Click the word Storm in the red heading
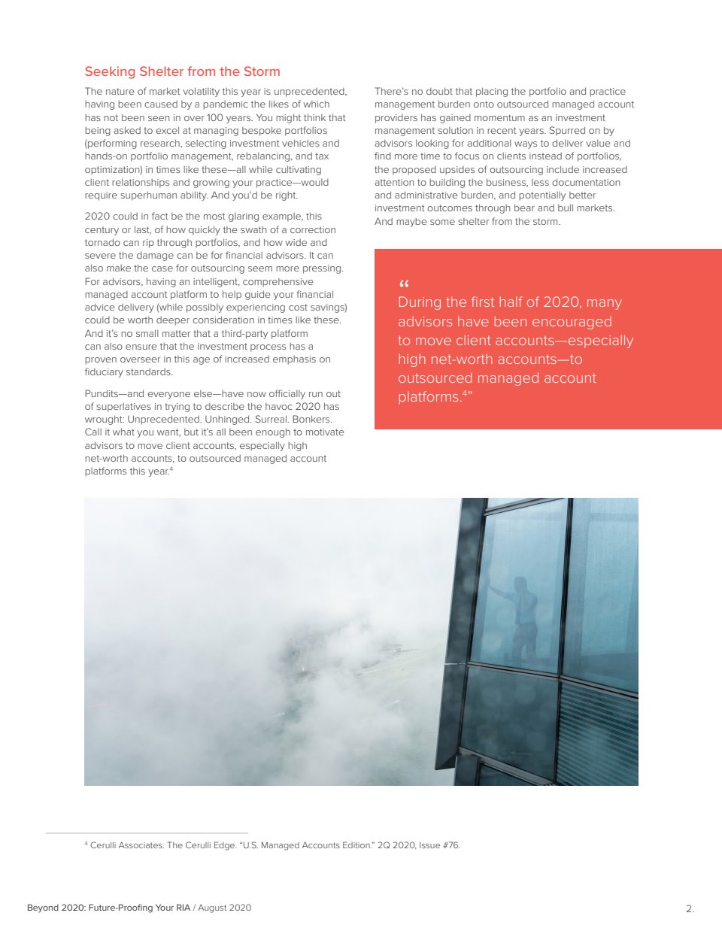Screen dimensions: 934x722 [262, 71]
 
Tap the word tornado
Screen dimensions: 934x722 [102, 243]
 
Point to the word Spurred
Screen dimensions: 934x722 [557, 131]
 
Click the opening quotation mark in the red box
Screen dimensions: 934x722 [403, 285]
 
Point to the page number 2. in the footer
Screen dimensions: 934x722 [690, 908]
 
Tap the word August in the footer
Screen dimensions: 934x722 [213, 908]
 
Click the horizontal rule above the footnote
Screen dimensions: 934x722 [147, 833]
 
